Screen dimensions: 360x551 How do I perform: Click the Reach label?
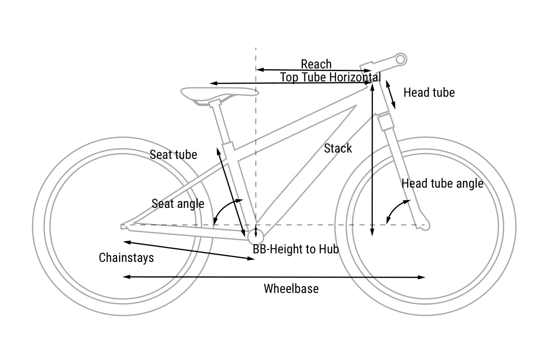(316, 64)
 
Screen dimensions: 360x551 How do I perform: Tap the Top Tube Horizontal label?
(330, 77)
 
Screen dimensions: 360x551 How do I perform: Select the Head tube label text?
(429, 93)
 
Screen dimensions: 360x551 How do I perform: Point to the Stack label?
(338, 148)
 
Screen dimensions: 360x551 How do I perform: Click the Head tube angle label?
(443, 184)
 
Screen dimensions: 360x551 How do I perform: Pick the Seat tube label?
(173, 155)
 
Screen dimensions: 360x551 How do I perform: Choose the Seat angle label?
(178, 204)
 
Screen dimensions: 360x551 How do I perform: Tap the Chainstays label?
(126, 258)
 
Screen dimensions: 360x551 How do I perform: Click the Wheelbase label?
(291, 288)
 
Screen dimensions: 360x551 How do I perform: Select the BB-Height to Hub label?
(295, 249)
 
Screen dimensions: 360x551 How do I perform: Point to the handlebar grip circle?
(400, 59)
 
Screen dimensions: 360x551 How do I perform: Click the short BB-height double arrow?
(256, 233)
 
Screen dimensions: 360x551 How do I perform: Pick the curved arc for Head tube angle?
(395, 209)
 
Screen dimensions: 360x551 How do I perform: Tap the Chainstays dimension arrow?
(189, 250)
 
